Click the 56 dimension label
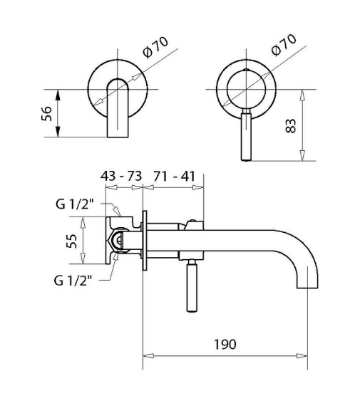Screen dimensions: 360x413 tap(46, 113)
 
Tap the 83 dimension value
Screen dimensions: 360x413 tap(291, 126)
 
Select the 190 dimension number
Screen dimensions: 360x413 tap(225, 345)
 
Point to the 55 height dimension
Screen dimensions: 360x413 tap(72, 241)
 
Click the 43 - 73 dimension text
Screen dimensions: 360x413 tap(121, 176)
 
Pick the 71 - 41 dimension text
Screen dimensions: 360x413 tap(175, 176)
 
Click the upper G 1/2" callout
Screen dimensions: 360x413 tap(75, 204)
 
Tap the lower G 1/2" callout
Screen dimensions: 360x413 tap(73, 281)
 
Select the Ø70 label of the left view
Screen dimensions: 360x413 tap(155, 46)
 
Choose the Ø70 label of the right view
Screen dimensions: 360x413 tap(284, 45)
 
